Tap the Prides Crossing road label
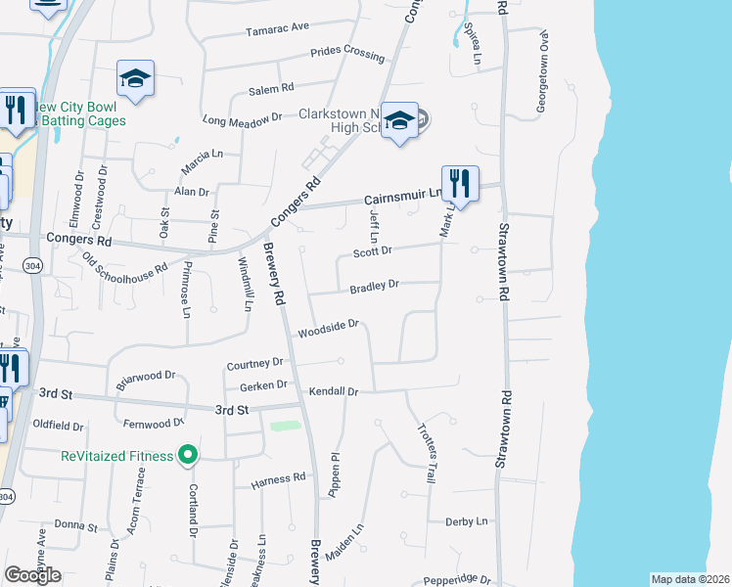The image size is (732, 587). point(347,54)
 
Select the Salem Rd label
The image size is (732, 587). point(271,89)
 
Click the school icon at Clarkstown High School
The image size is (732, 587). point(399,121)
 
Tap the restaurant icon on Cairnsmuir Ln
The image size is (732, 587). point(460,183)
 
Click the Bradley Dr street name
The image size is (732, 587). point(375,286)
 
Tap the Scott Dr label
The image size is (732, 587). point(372,251)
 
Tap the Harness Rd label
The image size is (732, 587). point(279,479)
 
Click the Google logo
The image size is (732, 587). point(33,575)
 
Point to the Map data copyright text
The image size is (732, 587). point(690,579)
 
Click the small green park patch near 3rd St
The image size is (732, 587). point(284,426)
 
